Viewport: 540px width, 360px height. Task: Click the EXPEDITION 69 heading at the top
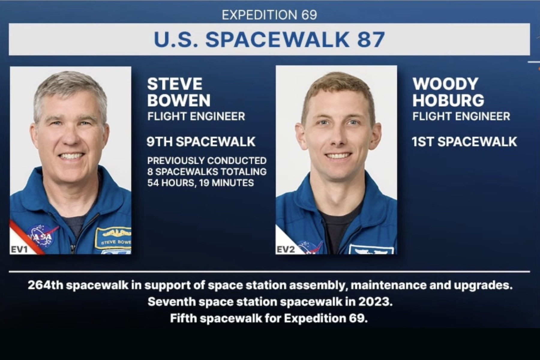[x=269, y=15]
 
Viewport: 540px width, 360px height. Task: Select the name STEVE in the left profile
[x=175, y=84]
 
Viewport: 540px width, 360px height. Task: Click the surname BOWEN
[x=179, y=100]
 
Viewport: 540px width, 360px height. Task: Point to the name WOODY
[x=445, y=84]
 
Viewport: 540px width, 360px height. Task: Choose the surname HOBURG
[x=448, y=100]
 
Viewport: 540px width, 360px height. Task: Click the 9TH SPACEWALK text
[x=201, y=142]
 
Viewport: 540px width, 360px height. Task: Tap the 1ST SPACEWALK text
[x=464, y=142]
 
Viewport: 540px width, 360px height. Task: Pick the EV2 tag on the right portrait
[x=285, y=249]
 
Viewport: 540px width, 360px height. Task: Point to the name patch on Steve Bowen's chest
[x=113, y=238]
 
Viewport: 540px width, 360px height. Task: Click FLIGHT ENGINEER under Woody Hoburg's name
[x=461, y=116]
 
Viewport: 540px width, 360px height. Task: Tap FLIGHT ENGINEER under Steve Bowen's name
[x=196, y=116]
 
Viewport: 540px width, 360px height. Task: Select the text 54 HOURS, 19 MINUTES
[x=200, y=183]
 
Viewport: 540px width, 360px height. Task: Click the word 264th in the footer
[x=45, y=285]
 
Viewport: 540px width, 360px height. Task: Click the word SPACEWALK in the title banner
[x=277, y=39]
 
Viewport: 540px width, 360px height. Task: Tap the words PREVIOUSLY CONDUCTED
[x=207, y=160]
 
